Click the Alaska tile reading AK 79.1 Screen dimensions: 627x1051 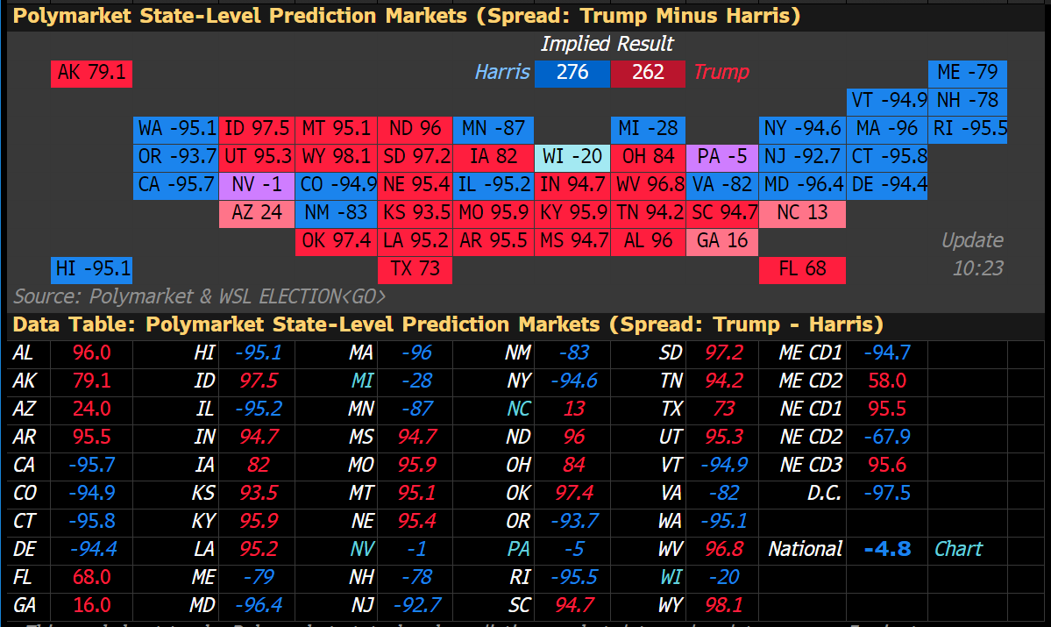(x=91, y=73)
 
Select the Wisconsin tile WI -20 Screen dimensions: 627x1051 (x=572, y=157)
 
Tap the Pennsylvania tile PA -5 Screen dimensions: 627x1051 (x=723, y=157)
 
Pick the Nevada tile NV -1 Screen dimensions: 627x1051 (x=257, y=185)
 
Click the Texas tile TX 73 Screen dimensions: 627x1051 (x=415, y=269)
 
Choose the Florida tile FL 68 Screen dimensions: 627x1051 (x=802, y=269)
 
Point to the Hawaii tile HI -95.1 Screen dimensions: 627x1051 (x=91, y=269)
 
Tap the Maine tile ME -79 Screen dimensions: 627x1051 (x=968, y=73)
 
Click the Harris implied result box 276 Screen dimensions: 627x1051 (x=572, y=73)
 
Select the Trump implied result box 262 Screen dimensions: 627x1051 (x=648, y=73)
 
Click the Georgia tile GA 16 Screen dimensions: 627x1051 (x=723, y=241)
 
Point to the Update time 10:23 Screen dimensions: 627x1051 (x=977, y=268)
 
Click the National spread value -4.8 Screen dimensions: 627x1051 (x=886, y=549)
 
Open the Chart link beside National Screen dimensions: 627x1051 (x=958, y=549)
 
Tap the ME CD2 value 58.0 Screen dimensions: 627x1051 (x=888, y=381)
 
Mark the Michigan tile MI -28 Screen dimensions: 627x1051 (x=648, y=129)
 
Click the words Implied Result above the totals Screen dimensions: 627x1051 (x=607, y=44)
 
